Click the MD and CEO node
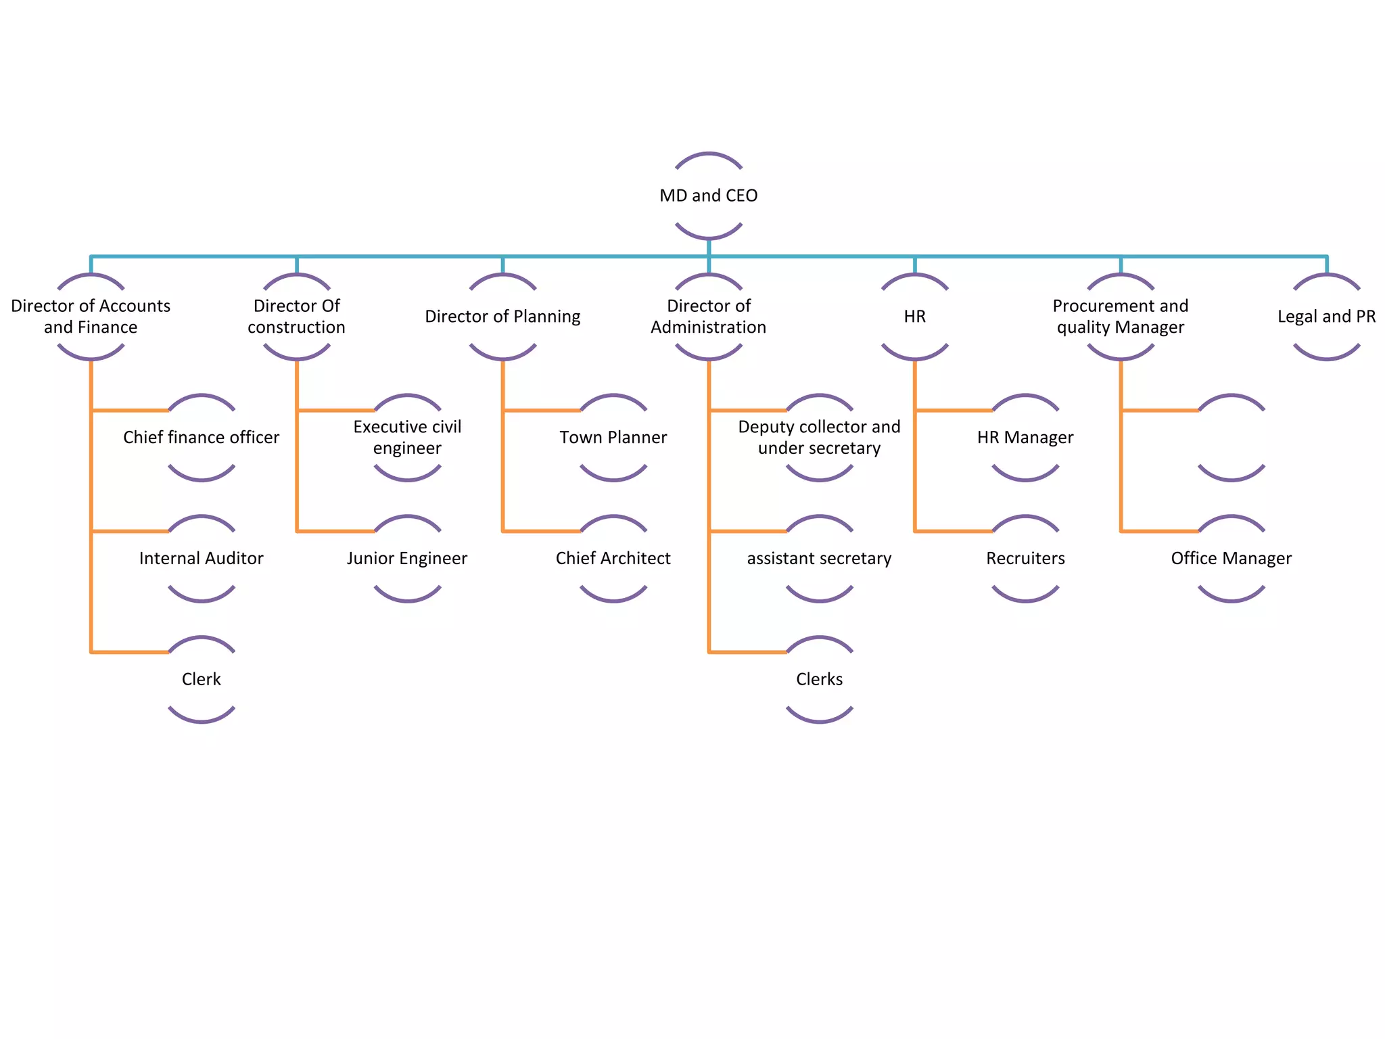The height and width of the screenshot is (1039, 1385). click(x=708, y=195)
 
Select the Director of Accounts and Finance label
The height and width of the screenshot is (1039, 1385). click(x=91, y=317)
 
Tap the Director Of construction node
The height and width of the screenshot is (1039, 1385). click(x=296, y=317)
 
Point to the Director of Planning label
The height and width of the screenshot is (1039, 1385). click(x=502, y=317)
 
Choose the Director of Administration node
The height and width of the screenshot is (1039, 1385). click(x=708, y=317)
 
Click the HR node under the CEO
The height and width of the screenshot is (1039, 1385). click(x=914, y=317)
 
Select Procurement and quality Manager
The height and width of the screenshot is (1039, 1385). click(x=1120, y=317)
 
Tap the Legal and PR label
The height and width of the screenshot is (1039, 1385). click(x=1326, y=317)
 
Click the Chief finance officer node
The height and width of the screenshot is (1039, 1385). click(x=201, y=438)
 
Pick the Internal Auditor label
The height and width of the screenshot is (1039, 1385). click(x=201, y=559)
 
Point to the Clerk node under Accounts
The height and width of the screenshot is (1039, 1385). click(x=201, y=679)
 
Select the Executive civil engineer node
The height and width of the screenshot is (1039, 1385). click(x=407, y=438)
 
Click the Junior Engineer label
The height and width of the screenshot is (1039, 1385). click(x=407, y=559)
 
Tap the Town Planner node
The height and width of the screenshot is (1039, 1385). click(x=613, y=438)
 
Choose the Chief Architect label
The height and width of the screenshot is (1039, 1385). click(x=613, y=559)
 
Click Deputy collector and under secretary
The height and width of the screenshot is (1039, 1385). click(x=819, y=438)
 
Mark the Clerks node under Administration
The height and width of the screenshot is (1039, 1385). click(x=819, y=679)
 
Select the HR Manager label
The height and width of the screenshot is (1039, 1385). click(x=1025, y=438)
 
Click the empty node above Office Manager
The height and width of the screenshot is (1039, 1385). click(x=1231, y=438)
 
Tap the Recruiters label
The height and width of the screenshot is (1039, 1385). click(x=1025, y=559)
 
